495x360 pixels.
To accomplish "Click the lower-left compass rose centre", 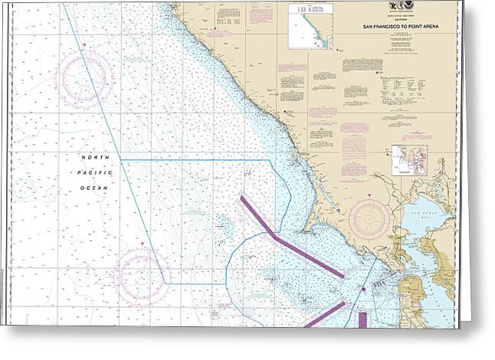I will [x=139, y=274].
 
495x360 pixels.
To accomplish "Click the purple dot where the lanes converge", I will [x=363, y=290].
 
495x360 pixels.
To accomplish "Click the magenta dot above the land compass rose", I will [x=371, y=197].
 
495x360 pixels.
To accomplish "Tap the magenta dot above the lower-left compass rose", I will [x=143, y=245].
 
